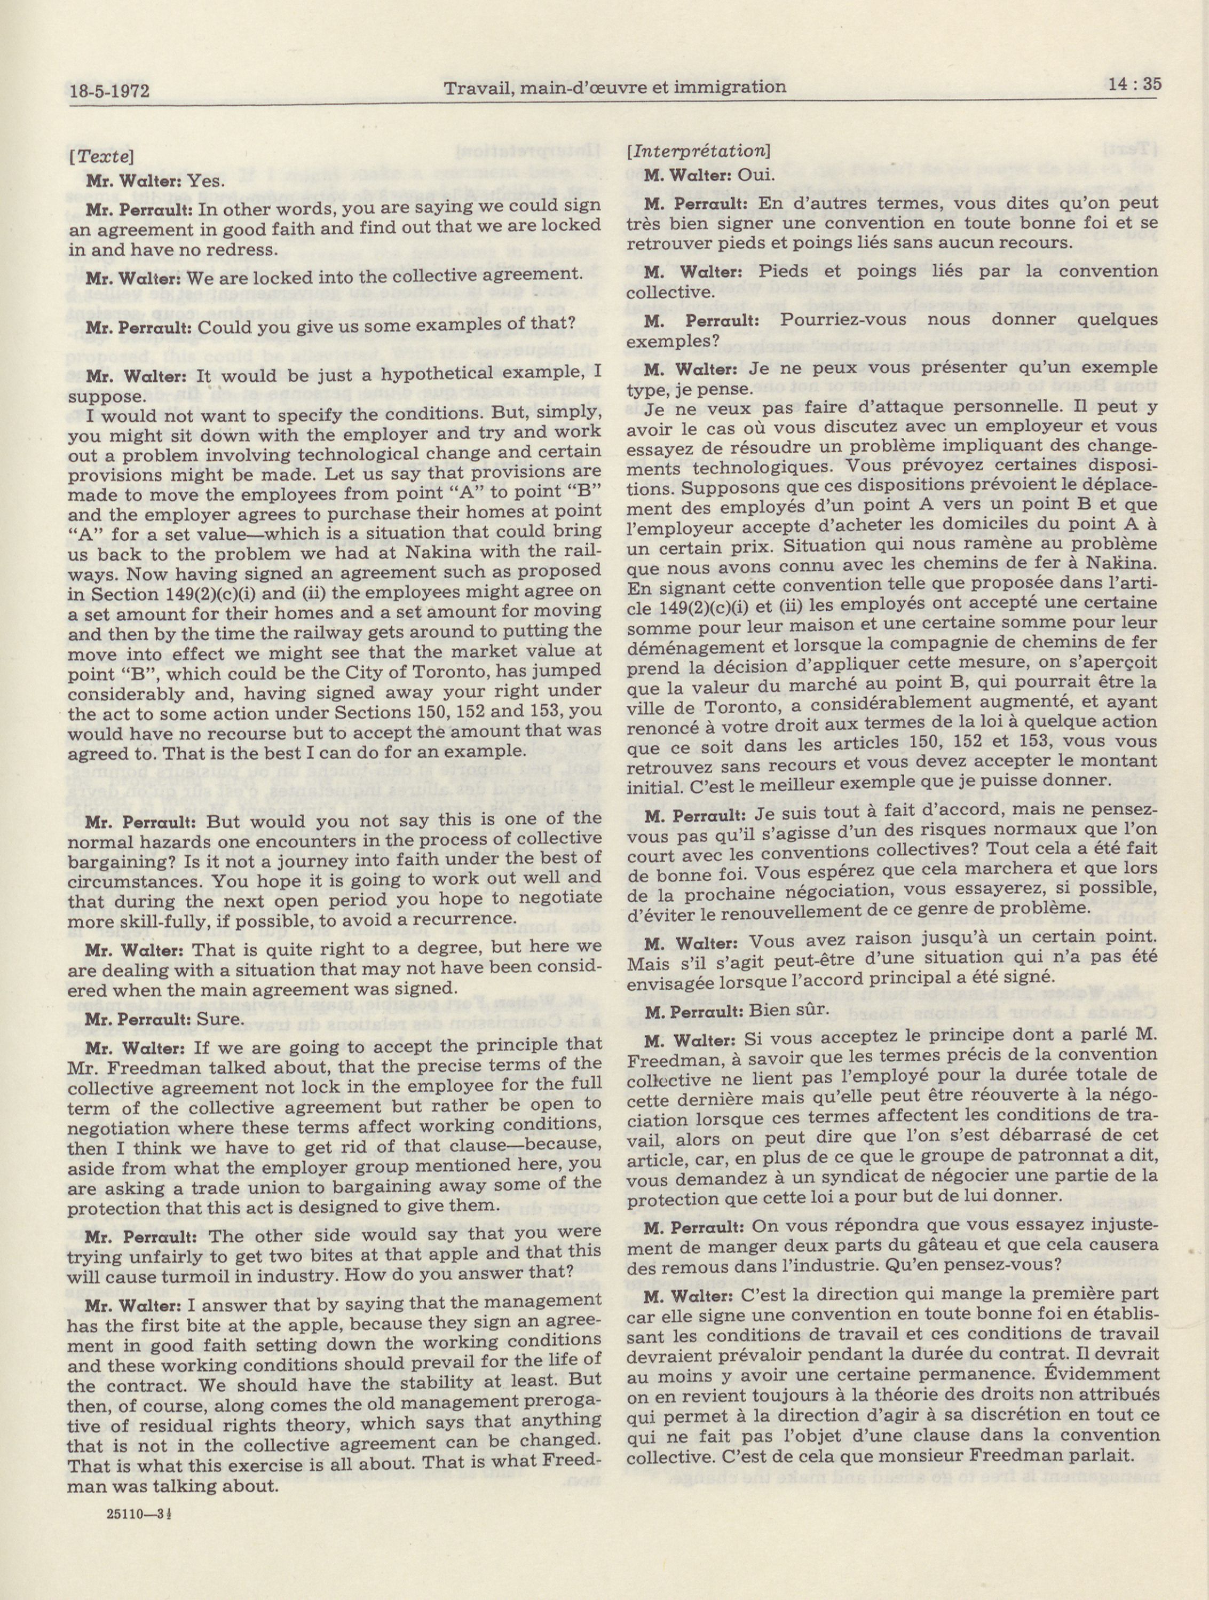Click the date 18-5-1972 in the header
click(x=114, y=91)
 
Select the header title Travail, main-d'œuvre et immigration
click(x=614, y=88)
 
